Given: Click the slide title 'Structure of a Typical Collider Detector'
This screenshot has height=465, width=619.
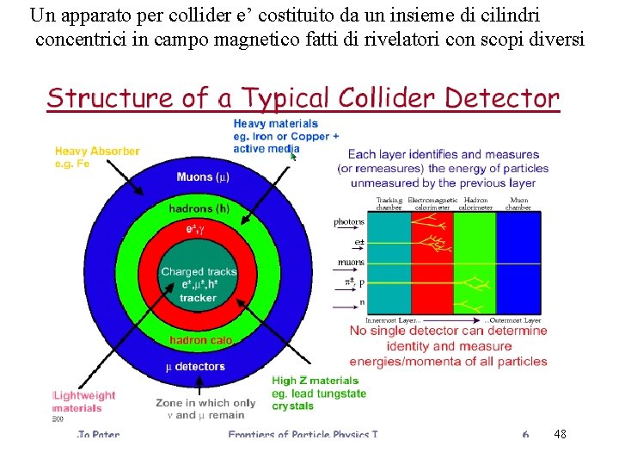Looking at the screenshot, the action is [303, 98].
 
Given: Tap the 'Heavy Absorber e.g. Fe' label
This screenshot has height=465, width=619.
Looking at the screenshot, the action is [97, 157].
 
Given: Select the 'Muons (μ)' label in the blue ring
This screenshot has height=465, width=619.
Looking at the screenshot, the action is [203, 178].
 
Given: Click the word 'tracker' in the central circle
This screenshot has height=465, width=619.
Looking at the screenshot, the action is [199, 298].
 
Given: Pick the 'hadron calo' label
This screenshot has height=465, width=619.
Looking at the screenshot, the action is [200, 340].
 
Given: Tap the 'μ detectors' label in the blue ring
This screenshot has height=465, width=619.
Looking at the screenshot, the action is [195, 366].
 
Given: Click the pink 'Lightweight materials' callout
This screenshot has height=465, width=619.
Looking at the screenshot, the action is [84, 401].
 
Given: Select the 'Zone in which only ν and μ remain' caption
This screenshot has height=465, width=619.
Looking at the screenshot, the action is [205, 408].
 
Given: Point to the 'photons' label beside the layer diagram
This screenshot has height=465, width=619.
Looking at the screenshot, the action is [349, 222].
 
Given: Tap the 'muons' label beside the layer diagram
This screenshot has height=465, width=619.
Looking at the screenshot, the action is [349, 263].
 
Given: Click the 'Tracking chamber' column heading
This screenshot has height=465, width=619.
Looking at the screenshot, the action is [389, 203].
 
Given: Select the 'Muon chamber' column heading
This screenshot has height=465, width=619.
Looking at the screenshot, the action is [519, 203].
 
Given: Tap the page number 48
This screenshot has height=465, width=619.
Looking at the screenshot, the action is [561, 433].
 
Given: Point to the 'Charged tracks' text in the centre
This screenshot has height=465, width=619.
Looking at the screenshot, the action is [199, 272].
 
